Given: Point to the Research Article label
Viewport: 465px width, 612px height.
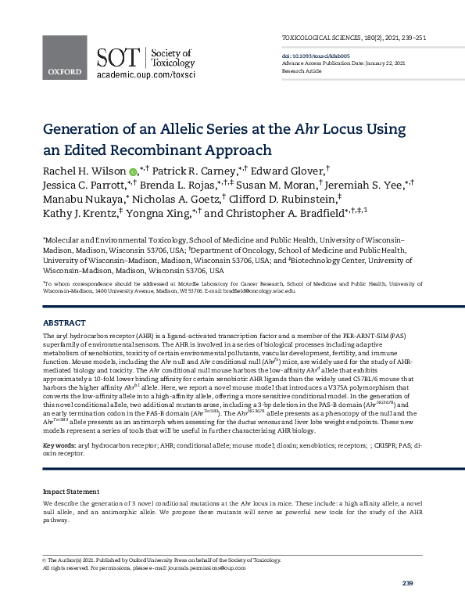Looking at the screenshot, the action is point(302,70).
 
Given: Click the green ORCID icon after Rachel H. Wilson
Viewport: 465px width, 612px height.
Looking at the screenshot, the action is point(132,172).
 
